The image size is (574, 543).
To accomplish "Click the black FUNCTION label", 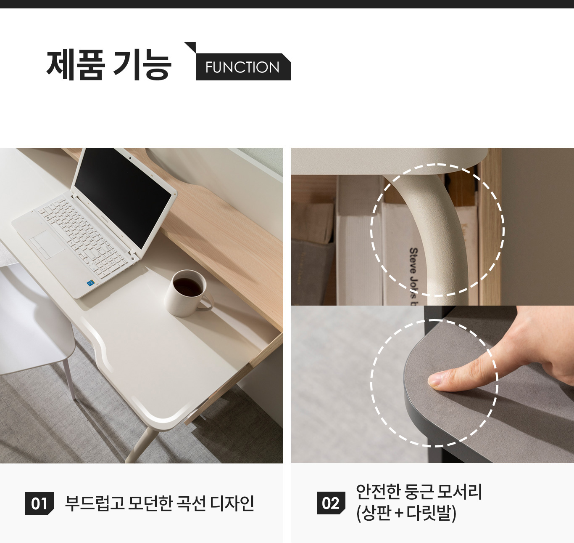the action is pos(243,67).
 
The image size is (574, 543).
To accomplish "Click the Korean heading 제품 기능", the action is pos(109,65).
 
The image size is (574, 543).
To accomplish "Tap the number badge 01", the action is pos(39,503).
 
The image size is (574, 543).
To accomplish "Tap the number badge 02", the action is pos(331,503).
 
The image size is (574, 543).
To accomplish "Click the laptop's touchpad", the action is pos(47,245).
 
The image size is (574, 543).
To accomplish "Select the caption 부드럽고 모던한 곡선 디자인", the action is pos(160,503).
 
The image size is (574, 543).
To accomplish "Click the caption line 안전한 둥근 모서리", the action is pos(419,492).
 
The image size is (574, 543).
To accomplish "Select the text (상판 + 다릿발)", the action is pos(406,513).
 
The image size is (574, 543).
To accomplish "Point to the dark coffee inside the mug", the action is pos(187,287).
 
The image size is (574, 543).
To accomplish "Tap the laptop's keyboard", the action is pos(83,234).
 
